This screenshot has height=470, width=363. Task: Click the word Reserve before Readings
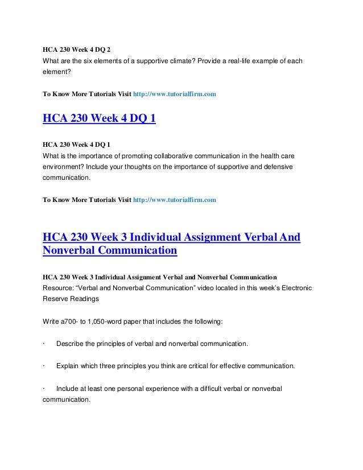click(57, 299)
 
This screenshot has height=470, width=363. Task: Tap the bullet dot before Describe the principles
click(44, 345)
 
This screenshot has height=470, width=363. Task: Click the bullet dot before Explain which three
click(44, 366)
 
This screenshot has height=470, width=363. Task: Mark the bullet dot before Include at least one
click(44, 389)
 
